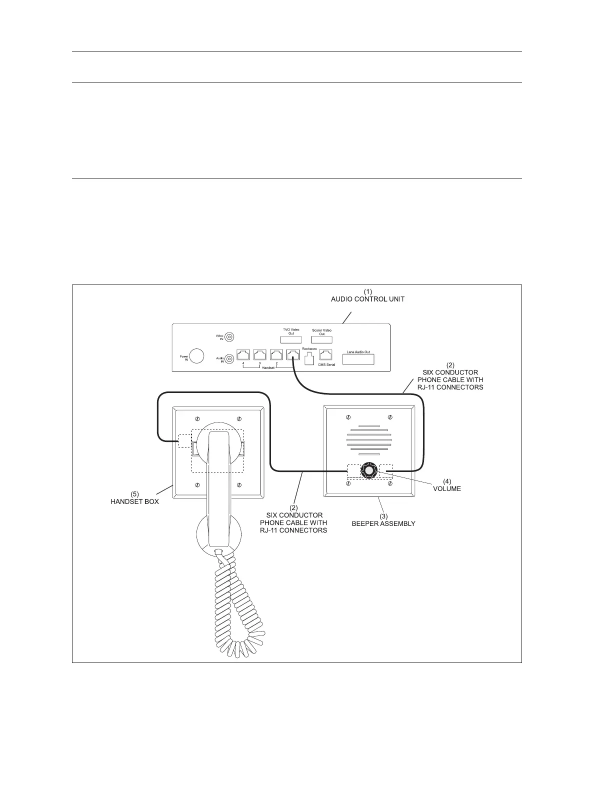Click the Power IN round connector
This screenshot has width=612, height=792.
click(197, 356)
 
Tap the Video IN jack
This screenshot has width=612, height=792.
click(230, 337)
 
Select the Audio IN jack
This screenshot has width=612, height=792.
click(230, 359)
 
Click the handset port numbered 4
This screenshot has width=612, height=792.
click(243, 355)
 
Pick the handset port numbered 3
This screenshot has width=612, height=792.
click(260, 355)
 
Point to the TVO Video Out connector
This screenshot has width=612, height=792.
click(290, 340)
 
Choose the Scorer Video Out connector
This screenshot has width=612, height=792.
click(321, 340)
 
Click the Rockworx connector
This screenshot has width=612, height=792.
click(309, 358)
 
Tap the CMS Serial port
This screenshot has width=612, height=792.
click(326, 355)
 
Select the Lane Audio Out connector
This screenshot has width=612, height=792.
click(358, 358)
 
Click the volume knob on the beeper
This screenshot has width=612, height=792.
click(368, 471)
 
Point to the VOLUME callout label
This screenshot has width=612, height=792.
click(446, 488)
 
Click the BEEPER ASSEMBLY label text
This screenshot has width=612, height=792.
click(383, 523)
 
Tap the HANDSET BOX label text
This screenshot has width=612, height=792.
click(134, 501)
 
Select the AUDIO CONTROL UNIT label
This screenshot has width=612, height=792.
click(368, 299)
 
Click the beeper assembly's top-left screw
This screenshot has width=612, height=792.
click(348, 417)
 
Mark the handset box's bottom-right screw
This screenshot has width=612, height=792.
click(239, 484)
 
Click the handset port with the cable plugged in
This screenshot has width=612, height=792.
click(293, 355)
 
